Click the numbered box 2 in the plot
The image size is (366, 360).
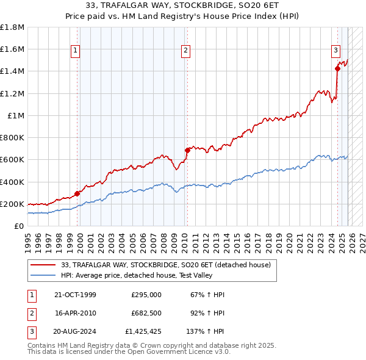pyautogui.click(x=185, y=51)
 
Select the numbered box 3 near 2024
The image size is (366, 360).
pyautogui.click(x=335, y=51)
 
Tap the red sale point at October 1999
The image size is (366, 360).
pyautogui.click(x=77, y=193)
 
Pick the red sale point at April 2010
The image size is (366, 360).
pyautogui.click(x=187, y=150)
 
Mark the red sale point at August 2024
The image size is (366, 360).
pyautogui.click(x=337, y=68)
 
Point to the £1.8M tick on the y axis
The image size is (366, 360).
pyautogui.click(x=12, y=27)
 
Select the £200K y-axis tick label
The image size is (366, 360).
pyautogui.click(x=12, y=204)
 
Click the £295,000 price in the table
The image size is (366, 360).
pyautogui.click(x=146, y=295)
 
